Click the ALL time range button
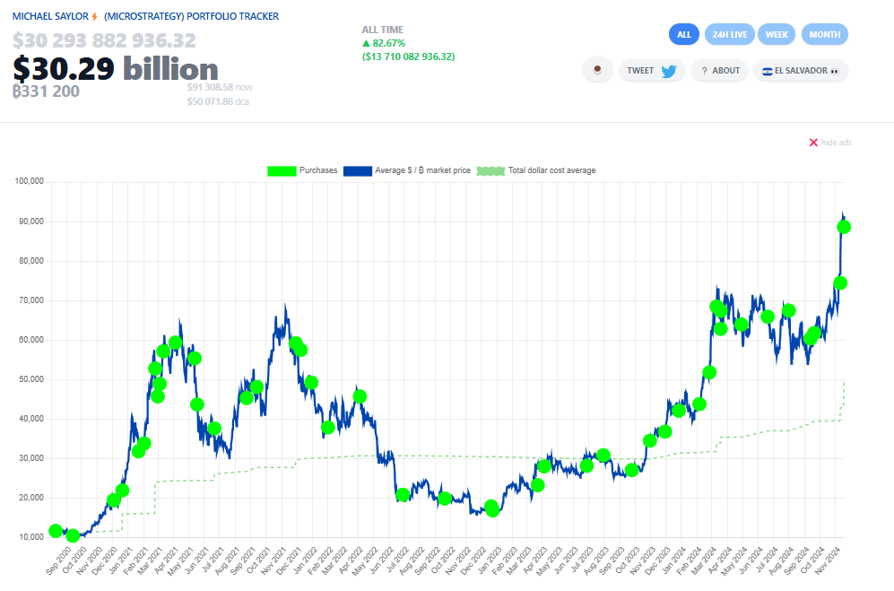(x=684, y=34)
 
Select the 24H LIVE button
(x=730, y=34)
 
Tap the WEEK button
(x=777, y=34)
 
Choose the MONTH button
(x=824, y=34)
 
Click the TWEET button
(x=652, y=71)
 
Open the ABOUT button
(x=720, y=71)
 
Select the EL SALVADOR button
(x=800, y=71)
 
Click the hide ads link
(x=830, y=143)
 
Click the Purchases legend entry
(x=302, y=170)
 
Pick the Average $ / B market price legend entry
(x=407, y=170)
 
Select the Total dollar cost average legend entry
(x=536, y=170)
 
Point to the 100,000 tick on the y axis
(x=30, y=182)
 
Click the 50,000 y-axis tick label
(x=31, y=379)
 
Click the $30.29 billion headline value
(x=116, y=69)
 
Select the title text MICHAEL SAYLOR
(x=50, y=16)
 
